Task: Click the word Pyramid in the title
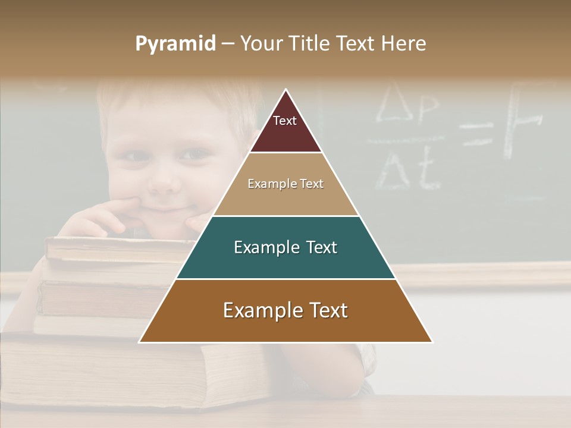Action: point(175,44)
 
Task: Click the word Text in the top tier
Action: point(284,121)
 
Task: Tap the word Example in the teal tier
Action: point(259,247)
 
